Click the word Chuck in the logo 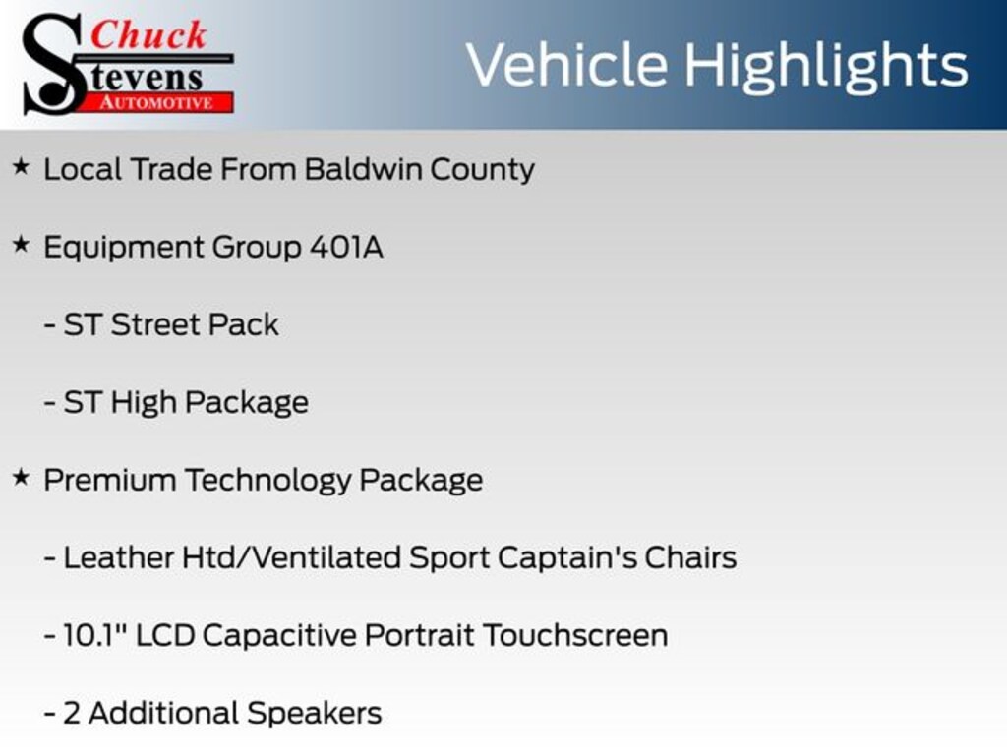[148, 34]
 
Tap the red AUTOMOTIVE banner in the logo [157, 102]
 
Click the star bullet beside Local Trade [21, 167]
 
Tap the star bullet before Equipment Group [21, 245]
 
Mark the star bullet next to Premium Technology [21, 478]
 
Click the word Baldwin [362, 169]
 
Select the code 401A [347, 247]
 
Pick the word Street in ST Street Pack [154, 324]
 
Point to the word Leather [119, 557]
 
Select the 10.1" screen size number [95, 634]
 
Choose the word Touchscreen [575, 635]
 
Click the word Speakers [315, 714]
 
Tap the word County [482, 170]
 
